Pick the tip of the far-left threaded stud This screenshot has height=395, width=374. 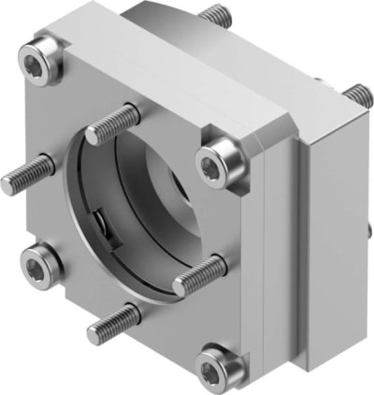click(x=7, y=184)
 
